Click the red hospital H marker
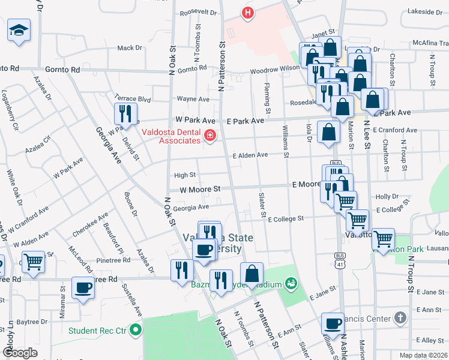tap(247, 12)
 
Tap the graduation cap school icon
tap(19, 29)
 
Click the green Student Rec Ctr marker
tap(136, 329)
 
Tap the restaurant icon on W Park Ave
tap(125, 113)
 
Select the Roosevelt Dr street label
tap(197, 11)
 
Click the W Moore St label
tap(200, 188)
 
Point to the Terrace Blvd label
tap(132, 97)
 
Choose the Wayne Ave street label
tap(193, 99)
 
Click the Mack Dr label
tap(129, 47)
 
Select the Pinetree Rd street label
tap(114, 260)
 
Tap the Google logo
tap(20, 352)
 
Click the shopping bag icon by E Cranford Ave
tap(328, 133)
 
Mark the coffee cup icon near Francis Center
tap(332, 324)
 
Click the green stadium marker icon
tap(292, 282)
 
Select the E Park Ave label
tap(245, 121)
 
